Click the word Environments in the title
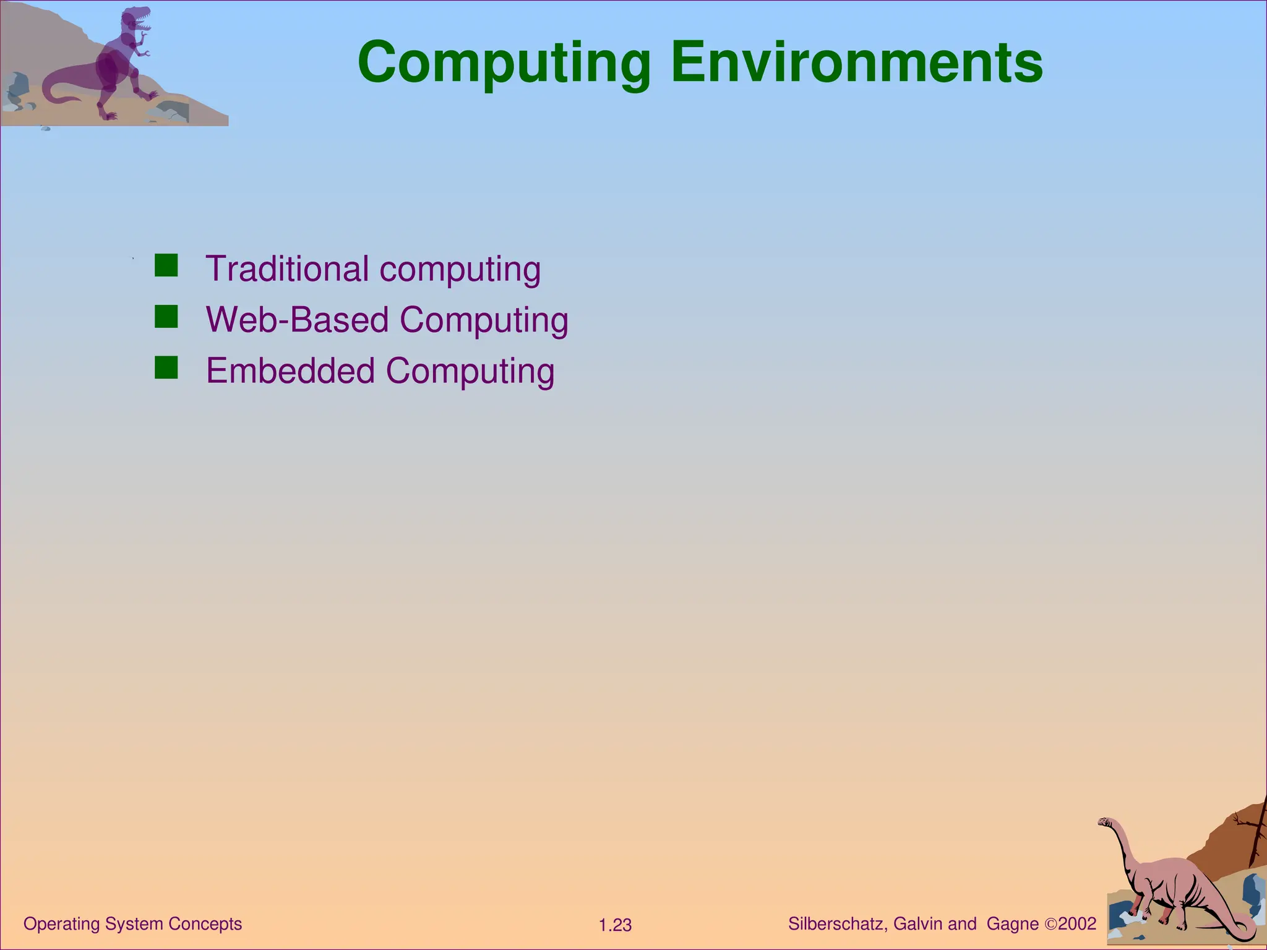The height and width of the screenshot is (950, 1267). [857, 62]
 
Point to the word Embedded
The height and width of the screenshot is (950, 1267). [290, 371]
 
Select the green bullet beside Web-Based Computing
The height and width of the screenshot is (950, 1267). [166, 316]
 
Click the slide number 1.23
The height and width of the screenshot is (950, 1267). [615, 925]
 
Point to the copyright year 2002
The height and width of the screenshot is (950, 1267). [1077, 924]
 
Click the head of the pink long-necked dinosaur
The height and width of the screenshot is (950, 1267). [1105, 822]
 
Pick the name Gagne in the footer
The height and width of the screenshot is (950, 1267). [1012, 924]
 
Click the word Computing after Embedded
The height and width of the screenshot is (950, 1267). [470, 371]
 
